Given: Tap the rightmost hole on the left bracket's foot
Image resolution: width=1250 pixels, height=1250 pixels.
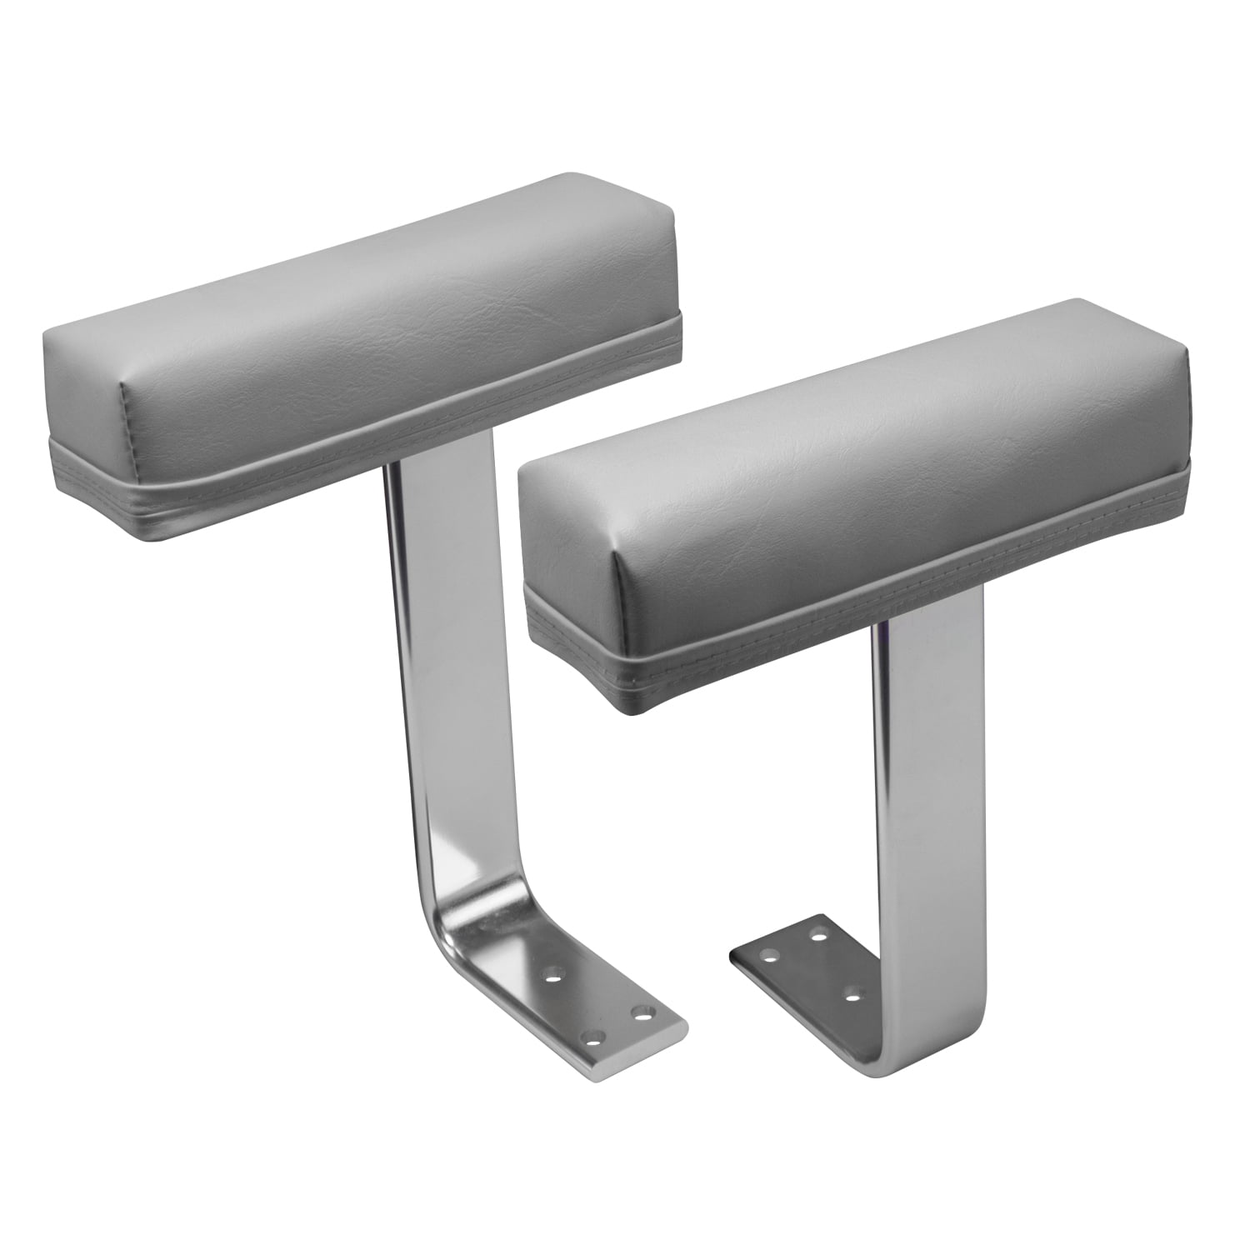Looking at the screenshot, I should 641,1014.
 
